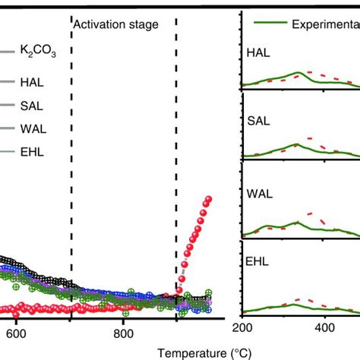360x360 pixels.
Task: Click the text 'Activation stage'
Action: pyautogui.click(x=115, y=25)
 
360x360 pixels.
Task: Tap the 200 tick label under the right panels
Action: pyautogui.click(x=242, y=328)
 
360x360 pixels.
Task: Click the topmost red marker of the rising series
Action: pyautogui.click(x=207, y=199)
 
